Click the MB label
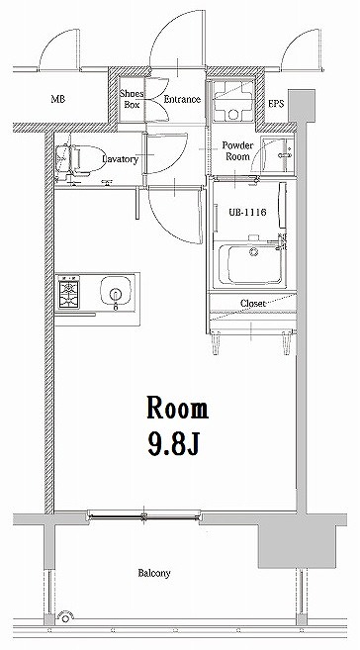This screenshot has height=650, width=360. pyautogui.click(x=58, y=100)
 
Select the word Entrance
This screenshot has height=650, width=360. pyautogui.click(x=182, y=99)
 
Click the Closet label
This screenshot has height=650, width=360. pyautogui.click(x=252, y=303)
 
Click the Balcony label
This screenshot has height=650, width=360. pyautogui.click(x=153, y=573)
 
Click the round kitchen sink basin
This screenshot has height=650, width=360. pyautogui.click(x=116, y=294)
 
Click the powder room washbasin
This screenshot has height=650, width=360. pyautogui.click(x=285, y=149)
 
